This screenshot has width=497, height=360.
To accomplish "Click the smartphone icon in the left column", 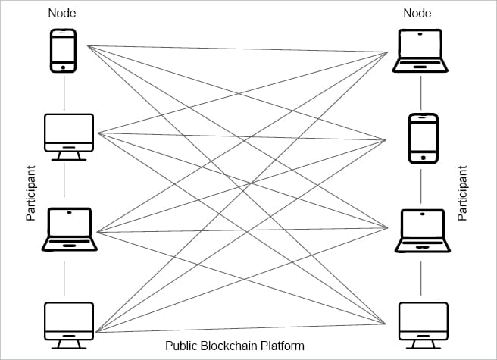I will point(64,51).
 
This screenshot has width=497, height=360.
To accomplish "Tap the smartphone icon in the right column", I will point(424,138).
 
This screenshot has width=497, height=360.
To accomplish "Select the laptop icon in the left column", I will point(68,229).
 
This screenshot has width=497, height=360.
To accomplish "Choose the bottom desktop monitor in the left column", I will point(68,321).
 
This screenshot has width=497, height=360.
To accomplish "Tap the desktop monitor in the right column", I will point(424,321).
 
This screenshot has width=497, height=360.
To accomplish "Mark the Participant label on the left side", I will point(31,193).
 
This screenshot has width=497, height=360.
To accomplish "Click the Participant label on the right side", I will point(463,193).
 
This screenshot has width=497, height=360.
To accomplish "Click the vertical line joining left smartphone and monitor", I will point(64,92).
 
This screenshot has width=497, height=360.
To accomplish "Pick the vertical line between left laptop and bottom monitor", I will point(64,276).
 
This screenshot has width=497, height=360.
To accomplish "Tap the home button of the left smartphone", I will point(64,67).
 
